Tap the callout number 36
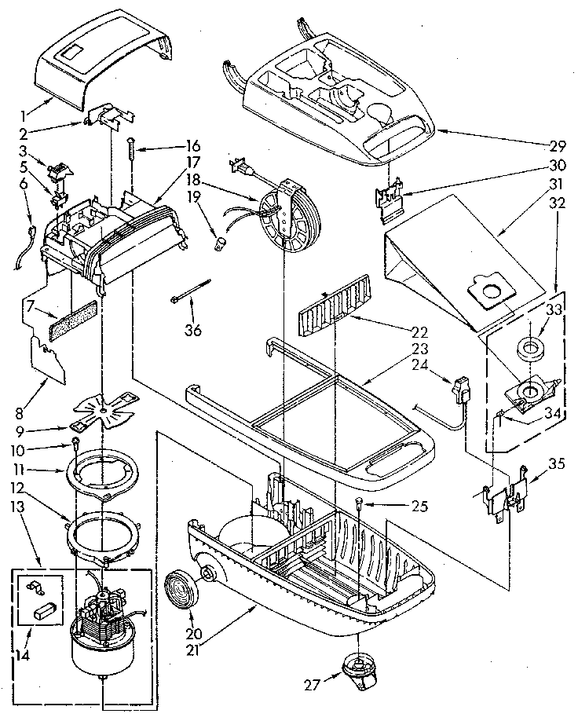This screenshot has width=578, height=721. coord(192,329)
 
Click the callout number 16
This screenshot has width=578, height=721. coord(192,146)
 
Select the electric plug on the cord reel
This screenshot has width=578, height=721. coord(240,167)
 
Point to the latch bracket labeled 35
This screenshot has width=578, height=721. coord(503,495)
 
